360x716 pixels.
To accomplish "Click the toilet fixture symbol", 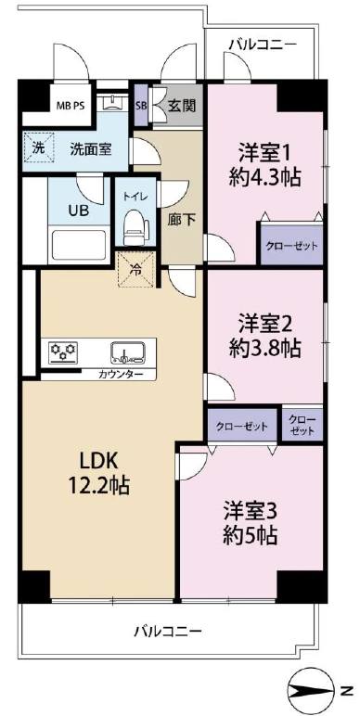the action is (x=136, y=227).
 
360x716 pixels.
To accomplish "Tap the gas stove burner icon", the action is (x=63, y=352).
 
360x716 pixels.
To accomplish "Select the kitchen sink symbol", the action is (x=128, y=352).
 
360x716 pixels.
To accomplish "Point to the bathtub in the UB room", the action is (x=80, y=246).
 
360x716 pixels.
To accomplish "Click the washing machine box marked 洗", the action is (x=38, y=147).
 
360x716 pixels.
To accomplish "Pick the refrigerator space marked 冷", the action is (x=136, y=270).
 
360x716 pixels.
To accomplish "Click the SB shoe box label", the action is (x=140, y=107).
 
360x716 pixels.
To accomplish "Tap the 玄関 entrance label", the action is (x=182, y=107).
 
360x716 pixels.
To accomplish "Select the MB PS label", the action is (x=71, y=106).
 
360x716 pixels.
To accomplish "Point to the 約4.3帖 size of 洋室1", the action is (x=264, y=177).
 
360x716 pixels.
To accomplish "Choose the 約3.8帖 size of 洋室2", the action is (x=264, y=349).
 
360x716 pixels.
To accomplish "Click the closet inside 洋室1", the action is (x=291, y=243).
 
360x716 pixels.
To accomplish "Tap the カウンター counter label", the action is (x=120, y=375).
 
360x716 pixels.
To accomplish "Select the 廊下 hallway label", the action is (x=182, y=220).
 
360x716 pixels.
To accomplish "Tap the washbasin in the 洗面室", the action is (x=112, y=102).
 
